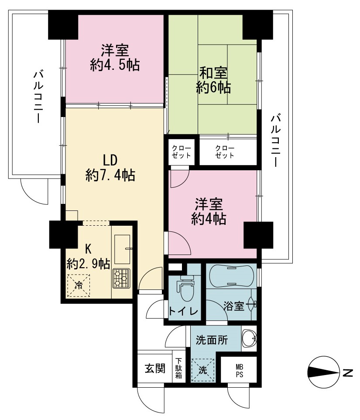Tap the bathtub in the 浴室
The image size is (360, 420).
[x=231, y=276]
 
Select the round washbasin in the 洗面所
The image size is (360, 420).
[x=249, y=338]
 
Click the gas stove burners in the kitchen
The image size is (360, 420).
[x=121, y=278]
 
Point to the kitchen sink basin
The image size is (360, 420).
[x=122, y=250]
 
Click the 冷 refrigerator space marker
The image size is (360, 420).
[x=79, y=286]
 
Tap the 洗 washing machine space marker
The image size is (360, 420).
[x=202, y=370]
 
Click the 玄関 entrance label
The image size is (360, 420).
[x=155, y=368]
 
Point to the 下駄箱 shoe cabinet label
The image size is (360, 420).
[x=178, y=368]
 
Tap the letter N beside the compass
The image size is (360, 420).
[x=348, y=373]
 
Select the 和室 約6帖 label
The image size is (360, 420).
[x=213, y=80]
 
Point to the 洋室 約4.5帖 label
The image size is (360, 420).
[x=115, y=57]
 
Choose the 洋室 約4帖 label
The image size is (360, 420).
[x=209, y=212]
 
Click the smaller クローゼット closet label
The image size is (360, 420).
[x=181, y=152]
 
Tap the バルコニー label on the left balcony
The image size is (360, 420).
[x=38, y=96]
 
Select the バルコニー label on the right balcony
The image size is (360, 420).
[x=275, y=140]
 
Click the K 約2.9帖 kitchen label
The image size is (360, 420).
[x=88, y=256]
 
